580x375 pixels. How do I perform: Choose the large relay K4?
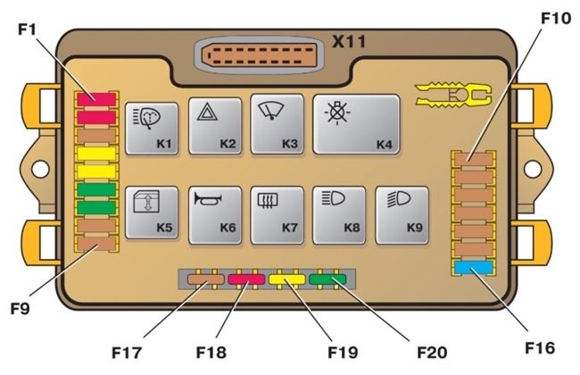coord(355,125)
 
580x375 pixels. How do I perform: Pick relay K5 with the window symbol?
coord(152,212)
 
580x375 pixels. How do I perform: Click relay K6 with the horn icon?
coord(215,214)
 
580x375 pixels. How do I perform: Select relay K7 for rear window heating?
coord(278,214)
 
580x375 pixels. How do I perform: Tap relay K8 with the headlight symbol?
coord(340,214)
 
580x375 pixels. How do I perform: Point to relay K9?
coord(402,214)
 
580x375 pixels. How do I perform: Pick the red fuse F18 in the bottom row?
coord(245,280)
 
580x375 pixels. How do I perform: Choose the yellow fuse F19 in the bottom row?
coord(288,280)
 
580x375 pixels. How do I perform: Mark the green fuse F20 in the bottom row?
coord(328,280)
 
